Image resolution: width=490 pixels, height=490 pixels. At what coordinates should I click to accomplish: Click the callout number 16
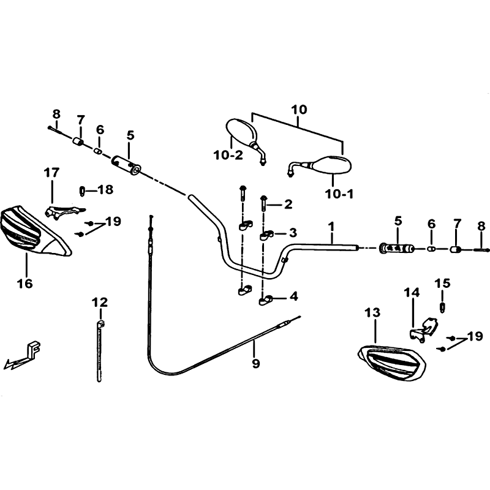click(x=25, y=284)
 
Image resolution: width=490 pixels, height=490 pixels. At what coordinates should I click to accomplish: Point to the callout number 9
click(x=255, y=363)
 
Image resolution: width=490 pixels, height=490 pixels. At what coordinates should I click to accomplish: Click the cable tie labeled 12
click(x=100, y=350)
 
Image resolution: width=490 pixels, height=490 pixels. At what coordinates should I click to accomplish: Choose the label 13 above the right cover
click(x=372, y=312)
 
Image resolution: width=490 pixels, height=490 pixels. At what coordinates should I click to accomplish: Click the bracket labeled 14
click(x=423, y=330)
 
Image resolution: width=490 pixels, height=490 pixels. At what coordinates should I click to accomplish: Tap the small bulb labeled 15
click(x=442, y=307)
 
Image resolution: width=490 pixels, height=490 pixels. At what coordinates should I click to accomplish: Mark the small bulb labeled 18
click(x=82, y=190)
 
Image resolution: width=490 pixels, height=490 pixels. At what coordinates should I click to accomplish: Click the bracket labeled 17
click(x=64, y=211)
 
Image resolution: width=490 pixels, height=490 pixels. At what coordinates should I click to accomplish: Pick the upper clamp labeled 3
click(x=266, y=235)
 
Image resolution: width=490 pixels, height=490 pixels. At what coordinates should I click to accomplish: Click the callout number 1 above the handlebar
click(x=331, y=227)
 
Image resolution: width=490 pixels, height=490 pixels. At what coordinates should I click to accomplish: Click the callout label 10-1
click(x=339, y=194)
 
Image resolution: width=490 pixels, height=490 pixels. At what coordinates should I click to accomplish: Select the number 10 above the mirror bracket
click(x=299, y=110)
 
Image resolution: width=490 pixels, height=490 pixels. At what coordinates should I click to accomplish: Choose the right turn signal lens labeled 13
click(x=392, y=363)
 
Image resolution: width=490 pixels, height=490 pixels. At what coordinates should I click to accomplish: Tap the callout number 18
click(x=105, y=189)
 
